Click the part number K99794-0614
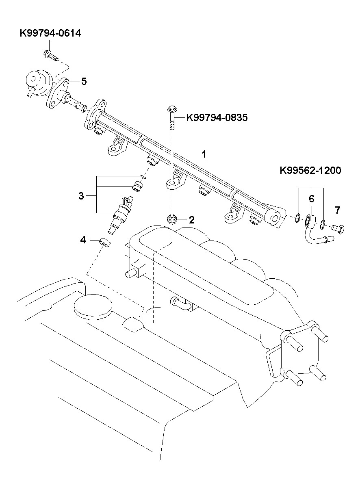click(x=50, y=33)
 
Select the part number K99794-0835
click(x=217, y=117)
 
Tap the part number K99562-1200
click(x=310, y=171)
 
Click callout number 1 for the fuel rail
click(x=204, y=154)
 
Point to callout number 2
click(x=192, y=220)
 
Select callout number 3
click(x=81, y=196)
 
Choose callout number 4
click(x=83, y=240)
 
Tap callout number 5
click(x=84, y=81)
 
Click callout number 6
click(x=312, y=199)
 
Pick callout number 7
click(x=337, y=210)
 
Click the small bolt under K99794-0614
click(x=51, y=55)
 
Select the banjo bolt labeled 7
click(x=338, y=230)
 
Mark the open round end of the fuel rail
click(x=275, y=219)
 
